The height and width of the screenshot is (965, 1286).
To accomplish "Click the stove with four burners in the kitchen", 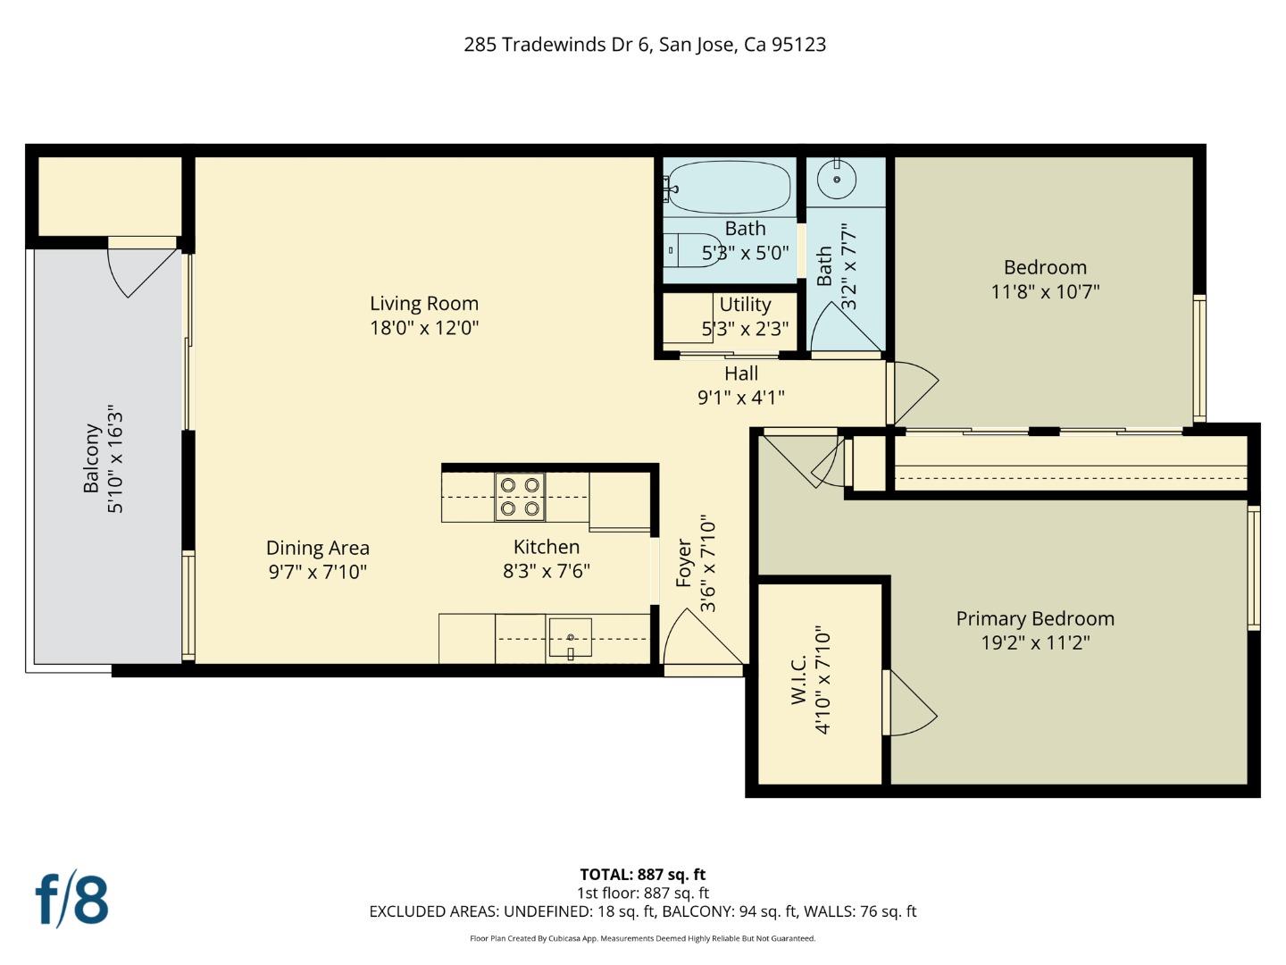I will (520, 497).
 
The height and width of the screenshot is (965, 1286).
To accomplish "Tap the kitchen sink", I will (570, 639).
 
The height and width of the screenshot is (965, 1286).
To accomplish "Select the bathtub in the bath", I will (729, 187).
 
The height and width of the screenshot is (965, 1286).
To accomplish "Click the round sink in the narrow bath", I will (837, 180).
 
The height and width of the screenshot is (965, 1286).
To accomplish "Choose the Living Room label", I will (424, 304).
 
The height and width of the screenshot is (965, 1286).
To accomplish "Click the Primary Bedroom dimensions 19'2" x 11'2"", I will (1035, 642).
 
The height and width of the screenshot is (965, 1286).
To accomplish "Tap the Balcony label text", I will (91, 458).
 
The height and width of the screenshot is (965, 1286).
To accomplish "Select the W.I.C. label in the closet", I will (799, 679).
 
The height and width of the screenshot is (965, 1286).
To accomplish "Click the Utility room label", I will (745, 305).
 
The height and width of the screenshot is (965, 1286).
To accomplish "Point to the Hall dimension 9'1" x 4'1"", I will (740, 398).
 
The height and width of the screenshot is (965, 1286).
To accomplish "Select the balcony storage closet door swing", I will (137, 268).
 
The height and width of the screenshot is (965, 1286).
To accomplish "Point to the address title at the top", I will (644, 45).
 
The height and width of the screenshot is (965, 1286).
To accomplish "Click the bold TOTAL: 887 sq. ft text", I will (642, 875).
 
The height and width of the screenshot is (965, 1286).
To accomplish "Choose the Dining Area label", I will (317, 548).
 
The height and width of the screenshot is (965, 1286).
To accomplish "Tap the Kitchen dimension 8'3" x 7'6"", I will (546, 571).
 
